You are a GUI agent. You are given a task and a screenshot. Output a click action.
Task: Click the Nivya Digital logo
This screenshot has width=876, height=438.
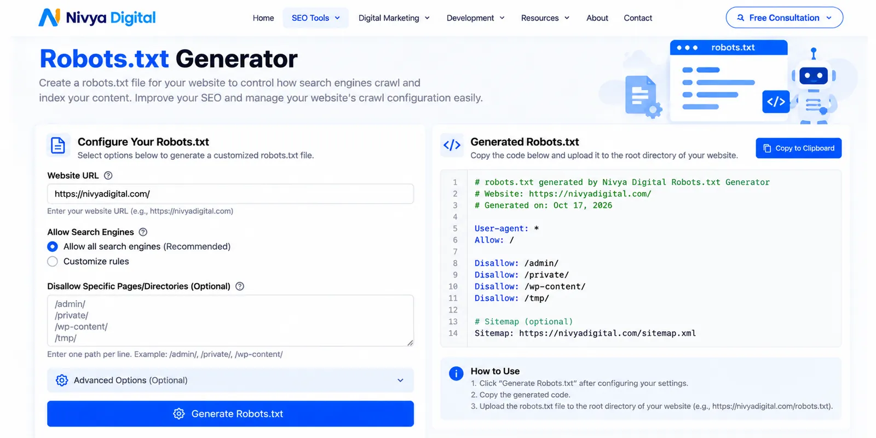(x=97, y=18)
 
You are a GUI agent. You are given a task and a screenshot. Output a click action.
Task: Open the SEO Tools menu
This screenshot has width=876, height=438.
(x=315, y=18)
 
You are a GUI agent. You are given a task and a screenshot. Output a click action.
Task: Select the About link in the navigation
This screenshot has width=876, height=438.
(x=597, y=18)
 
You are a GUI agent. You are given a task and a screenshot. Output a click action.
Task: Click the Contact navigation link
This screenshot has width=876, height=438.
(x=638, y=18)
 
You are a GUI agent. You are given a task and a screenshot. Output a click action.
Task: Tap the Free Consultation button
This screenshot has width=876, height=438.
(x=784, y=18)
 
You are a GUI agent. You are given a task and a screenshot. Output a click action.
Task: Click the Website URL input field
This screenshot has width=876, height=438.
(x=230, y=194)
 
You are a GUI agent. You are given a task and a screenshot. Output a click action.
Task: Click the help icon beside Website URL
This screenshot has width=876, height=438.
(x=108, y=176)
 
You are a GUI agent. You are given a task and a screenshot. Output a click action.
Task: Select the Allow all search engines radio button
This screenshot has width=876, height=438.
(x=53, y=246)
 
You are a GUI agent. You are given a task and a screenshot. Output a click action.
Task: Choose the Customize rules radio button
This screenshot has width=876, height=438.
(x=53, y=261)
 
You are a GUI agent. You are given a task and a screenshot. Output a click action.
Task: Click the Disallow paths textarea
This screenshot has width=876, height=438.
(x=230, y=321)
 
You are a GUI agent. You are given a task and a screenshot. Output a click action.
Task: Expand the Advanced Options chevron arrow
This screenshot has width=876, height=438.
(x=400, y=380)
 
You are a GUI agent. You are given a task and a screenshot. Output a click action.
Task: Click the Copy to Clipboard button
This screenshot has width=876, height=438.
(x=799, y=148)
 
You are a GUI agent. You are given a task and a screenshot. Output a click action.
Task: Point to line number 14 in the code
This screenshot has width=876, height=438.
(x=453, y=333)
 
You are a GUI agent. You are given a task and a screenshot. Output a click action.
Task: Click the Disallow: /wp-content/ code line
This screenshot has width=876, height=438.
(x=530, y=286)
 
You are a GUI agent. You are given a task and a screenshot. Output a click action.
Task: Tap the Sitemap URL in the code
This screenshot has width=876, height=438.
(x=607, y=333)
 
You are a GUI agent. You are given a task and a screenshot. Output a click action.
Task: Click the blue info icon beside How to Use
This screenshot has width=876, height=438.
(x=456, y=373)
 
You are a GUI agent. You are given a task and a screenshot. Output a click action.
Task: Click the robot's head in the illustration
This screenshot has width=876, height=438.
(x=814, y=76)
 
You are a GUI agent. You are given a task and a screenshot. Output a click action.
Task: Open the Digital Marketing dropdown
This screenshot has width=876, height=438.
(x=394, y=18)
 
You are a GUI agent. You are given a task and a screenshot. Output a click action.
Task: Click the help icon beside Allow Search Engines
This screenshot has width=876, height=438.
(x=143, y=232)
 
